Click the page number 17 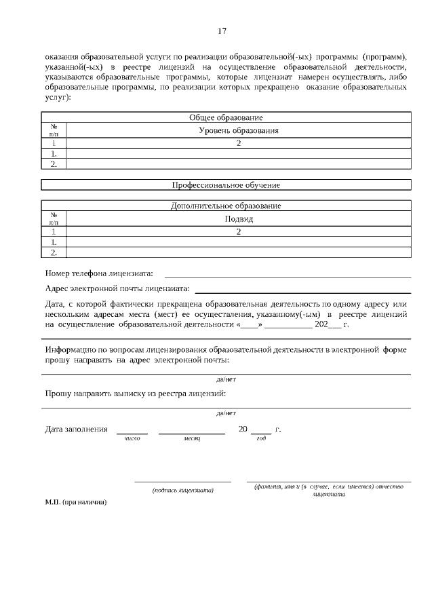coord(222,31)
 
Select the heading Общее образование coord(226,117)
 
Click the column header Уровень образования coord(239,130)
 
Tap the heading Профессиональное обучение coord(226,185)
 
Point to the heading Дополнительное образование coord(226,206)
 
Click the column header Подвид coord(239,218)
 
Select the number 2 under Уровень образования coord(239,143)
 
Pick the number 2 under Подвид coord(239,232)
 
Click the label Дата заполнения coord(76,429)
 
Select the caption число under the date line coord(132,440)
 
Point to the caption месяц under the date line coord(192,440)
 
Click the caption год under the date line coord(261,440)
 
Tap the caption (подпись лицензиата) coord(183,490)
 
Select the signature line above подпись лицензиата coord(182,482)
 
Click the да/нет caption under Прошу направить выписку coord(226,412)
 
